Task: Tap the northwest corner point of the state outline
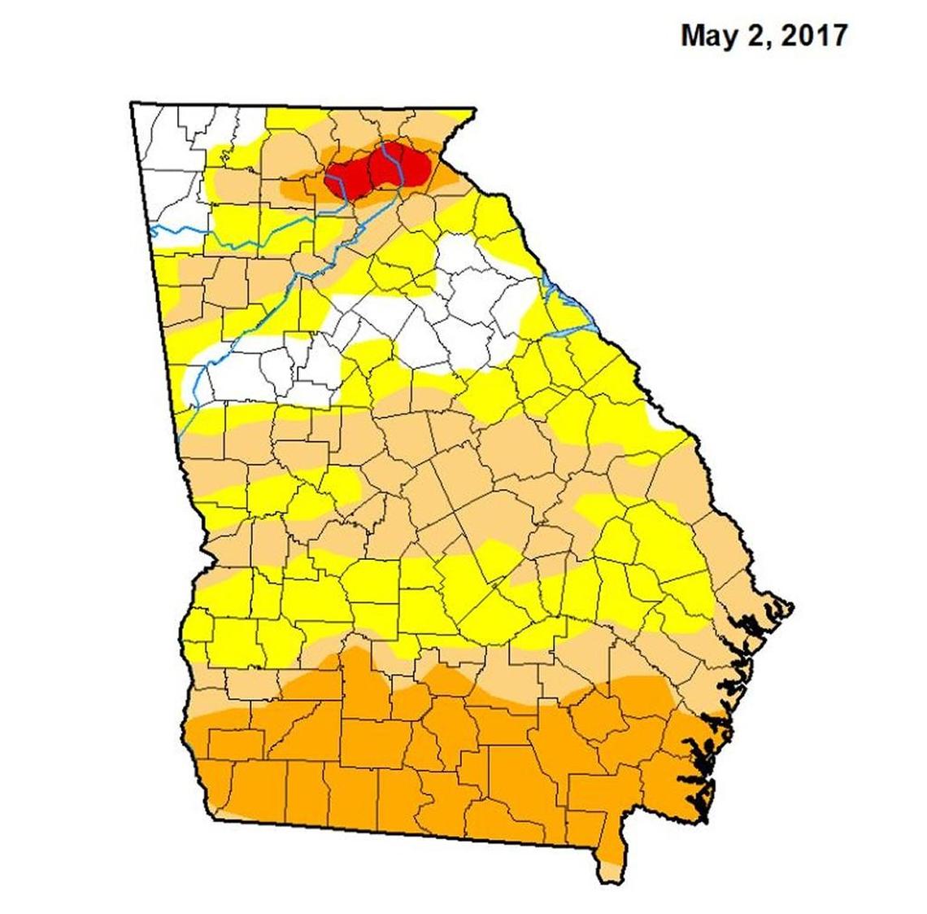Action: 132,103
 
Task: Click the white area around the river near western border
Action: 244,370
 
